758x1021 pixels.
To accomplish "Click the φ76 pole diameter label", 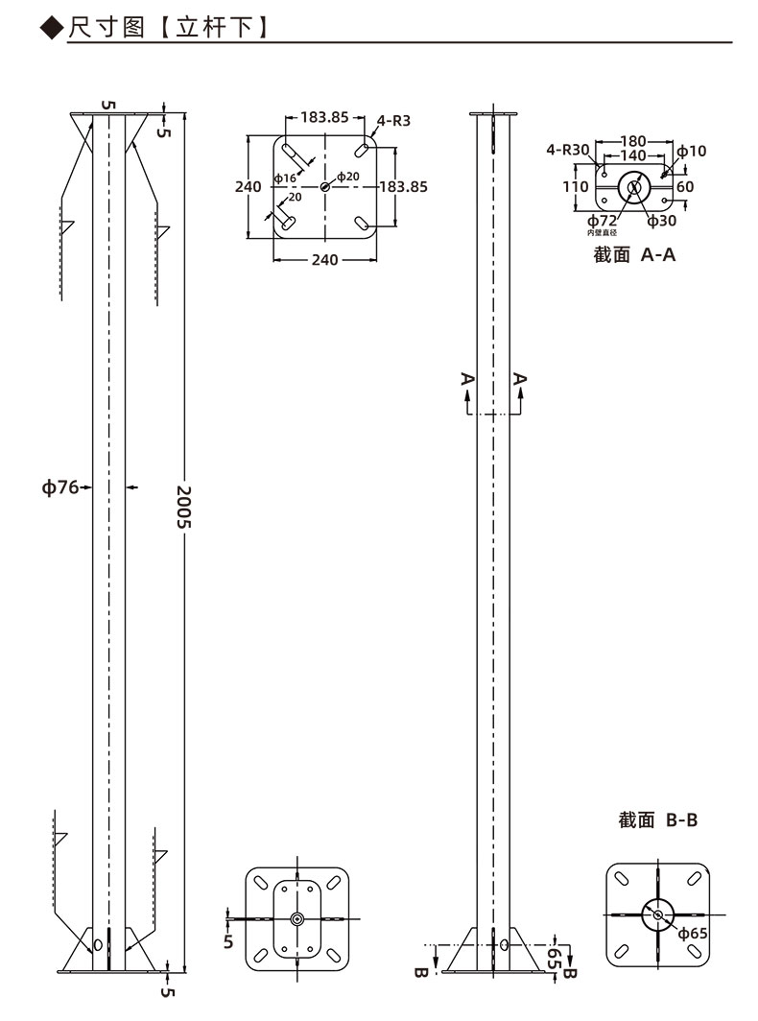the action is point(59,487).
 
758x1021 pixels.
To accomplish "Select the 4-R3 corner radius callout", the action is point(394,121).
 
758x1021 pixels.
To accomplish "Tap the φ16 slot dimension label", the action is point(285,178).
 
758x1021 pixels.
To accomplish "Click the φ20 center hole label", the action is point(347,177).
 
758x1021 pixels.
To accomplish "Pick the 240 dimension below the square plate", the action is point(324,260).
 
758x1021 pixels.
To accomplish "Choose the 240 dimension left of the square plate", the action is point(248,187).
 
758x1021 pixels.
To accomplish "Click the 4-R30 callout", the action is point(567,150).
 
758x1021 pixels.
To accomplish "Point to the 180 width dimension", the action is point(633,141).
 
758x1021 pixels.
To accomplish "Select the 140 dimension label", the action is point(633,155).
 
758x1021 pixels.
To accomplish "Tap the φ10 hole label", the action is point(692,151).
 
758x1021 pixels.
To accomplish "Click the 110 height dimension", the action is point(575,187).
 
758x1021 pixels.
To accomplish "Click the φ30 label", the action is point(662,221).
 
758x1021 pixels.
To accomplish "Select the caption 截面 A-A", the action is point(634,254).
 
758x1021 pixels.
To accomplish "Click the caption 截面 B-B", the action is point(657,819).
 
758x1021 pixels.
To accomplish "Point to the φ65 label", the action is point(693,934).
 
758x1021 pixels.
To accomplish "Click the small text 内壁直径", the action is point(602,232).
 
